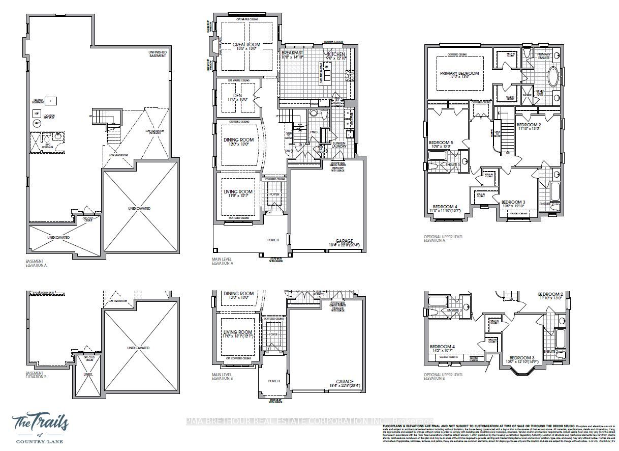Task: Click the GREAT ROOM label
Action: pyautogui.click(x=246, y=45)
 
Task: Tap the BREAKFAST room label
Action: pyautogui.click(x=292, y=52)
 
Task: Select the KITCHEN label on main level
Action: pyautogui.click(x=336, y=54)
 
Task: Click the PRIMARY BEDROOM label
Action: pyautogui.click(x=459, y=73)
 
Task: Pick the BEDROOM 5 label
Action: pyautogui.click(x=440, y=142)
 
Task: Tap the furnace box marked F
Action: pyautogui.click(x=51, y=100)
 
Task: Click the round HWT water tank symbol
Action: pyautogui.click(x=37, y=123)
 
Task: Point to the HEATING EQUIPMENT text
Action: pyautogui.click(x=38, y=100)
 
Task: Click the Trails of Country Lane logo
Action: pyautogui.click(x=42, y=428)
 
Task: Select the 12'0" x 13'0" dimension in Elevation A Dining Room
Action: pyautogui.click(x=238, y=145)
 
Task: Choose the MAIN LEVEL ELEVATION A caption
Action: pyautogui.click(x=223, y=262)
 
